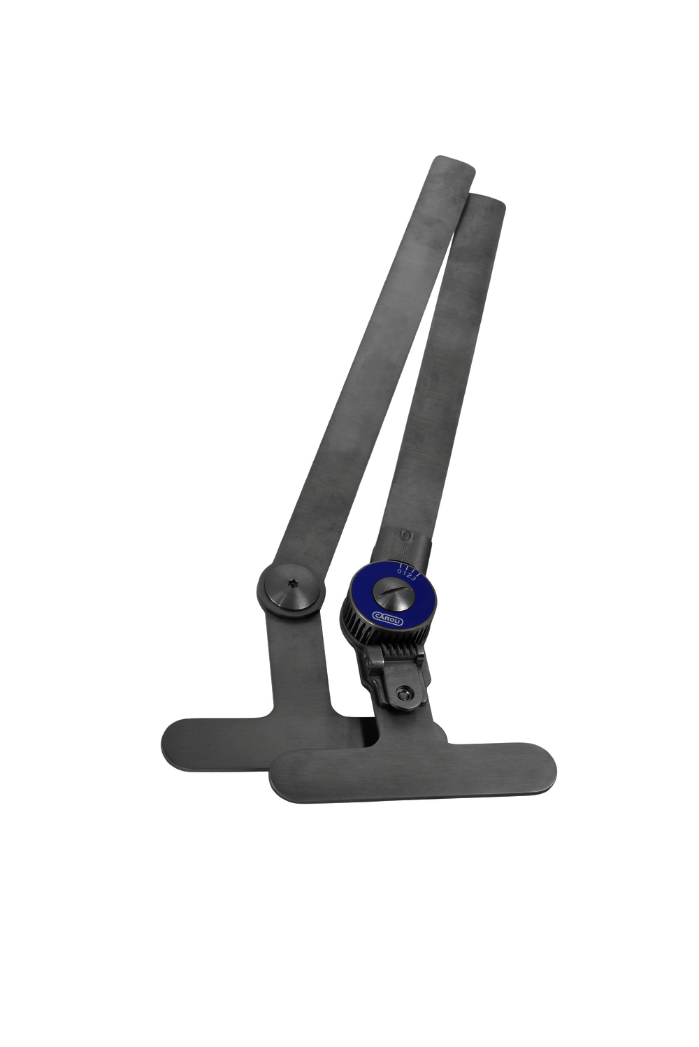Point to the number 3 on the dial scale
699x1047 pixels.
(415, 577)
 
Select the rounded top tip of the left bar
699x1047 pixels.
(455, 164)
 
